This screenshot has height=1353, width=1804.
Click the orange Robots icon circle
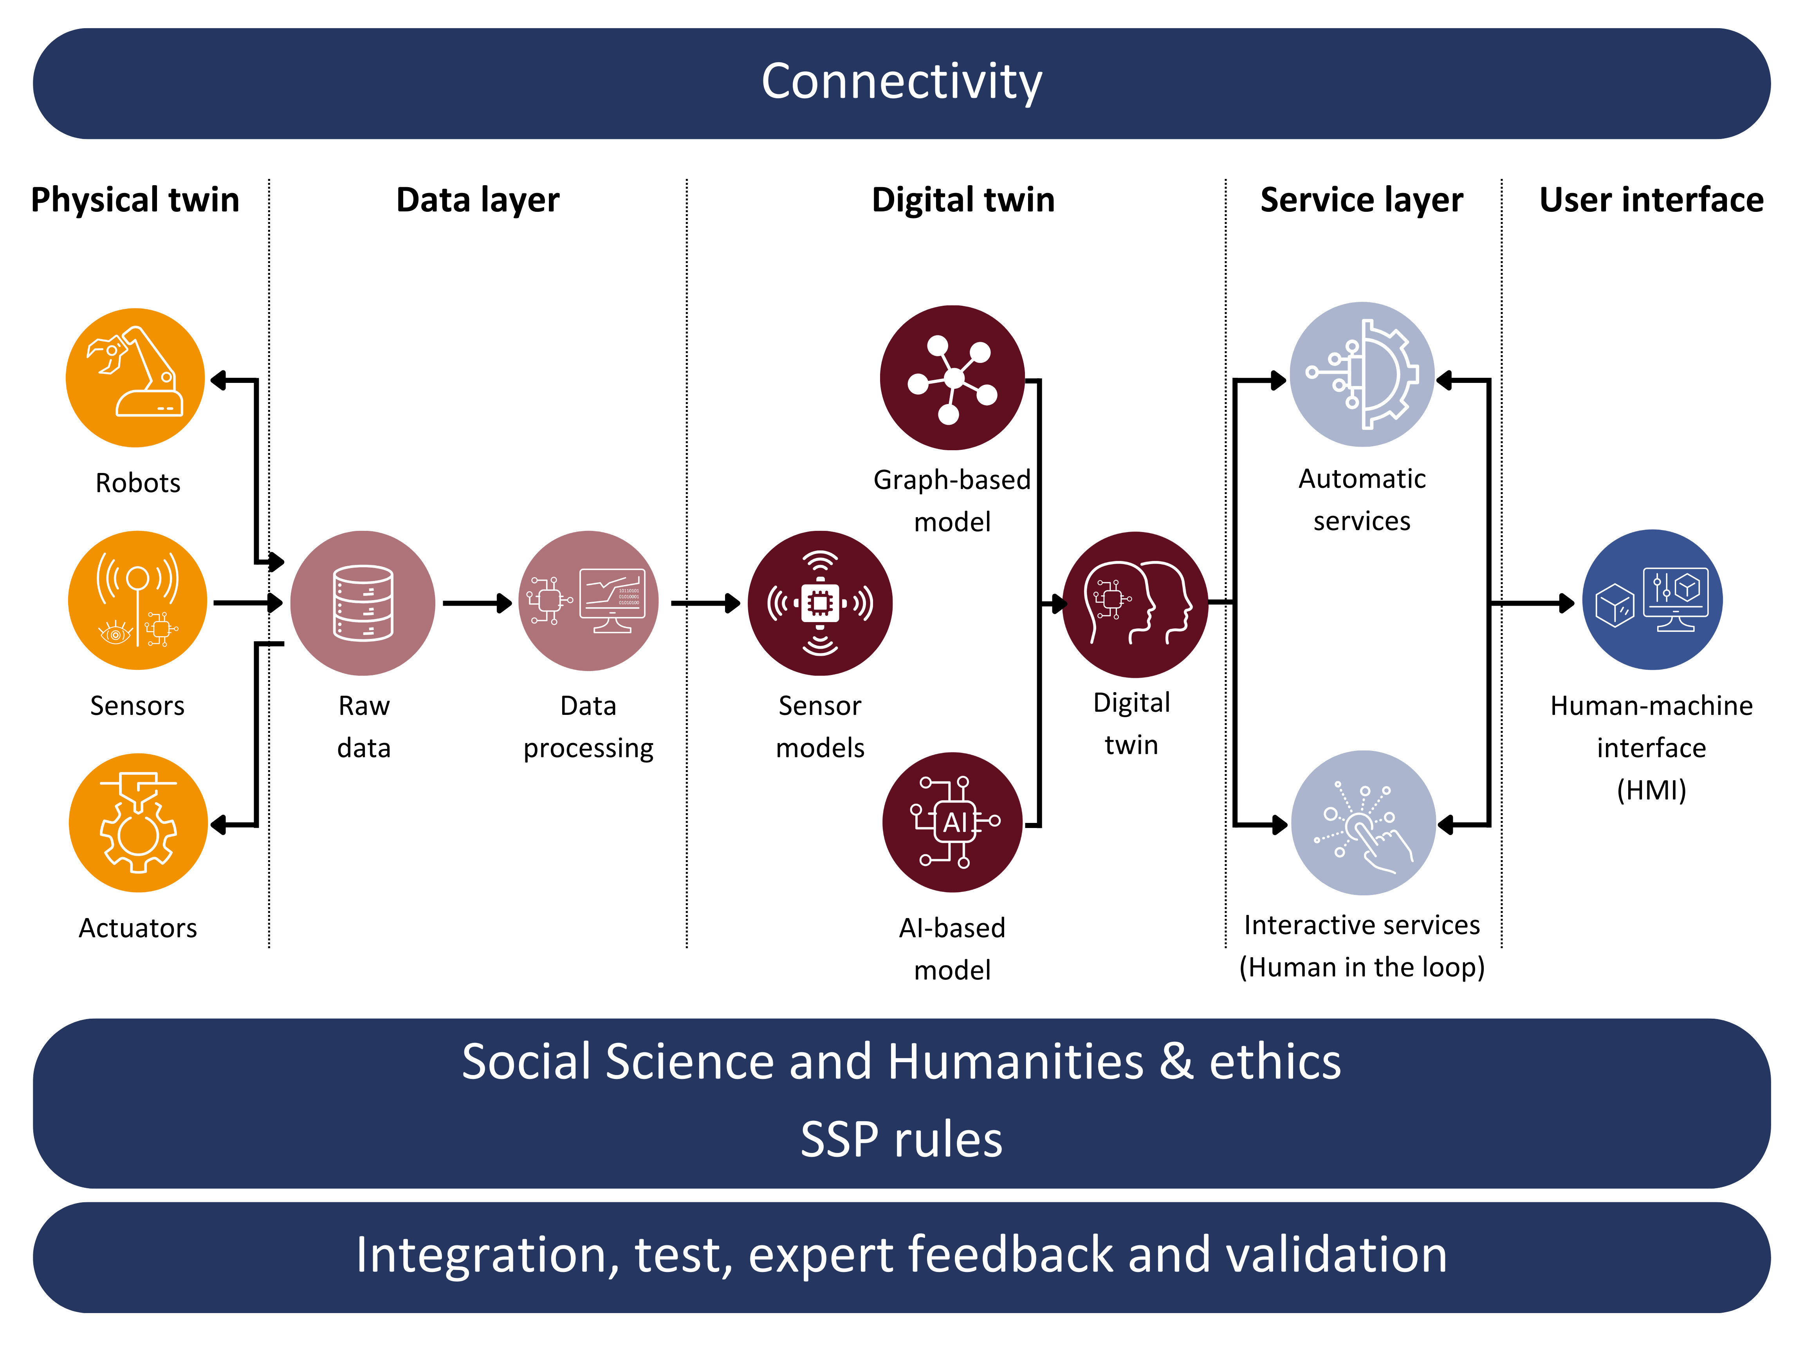click(135, 378)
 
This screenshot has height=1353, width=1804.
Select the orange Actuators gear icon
click(138, 823)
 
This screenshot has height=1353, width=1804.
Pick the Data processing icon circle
click(589, 601)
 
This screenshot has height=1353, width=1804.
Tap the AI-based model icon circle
click(953, 822)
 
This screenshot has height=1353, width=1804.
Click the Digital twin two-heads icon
click(1135, 604)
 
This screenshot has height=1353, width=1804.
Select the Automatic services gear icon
click(1362, 374)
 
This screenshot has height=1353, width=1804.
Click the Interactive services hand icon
click(1364, 823)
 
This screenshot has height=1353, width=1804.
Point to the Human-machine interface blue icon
click(1652, 600)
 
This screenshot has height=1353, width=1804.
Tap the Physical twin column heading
click(135, 200)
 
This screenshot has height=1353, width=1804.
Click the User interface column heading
click(1651, 200)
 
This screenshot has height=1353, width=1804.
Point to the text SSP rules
click(901, 1139)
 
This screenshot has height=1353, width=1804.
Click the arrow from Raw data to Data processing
click(477, 604)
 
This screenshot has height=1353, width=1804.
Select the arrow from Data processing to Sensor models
click(705, 604)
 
